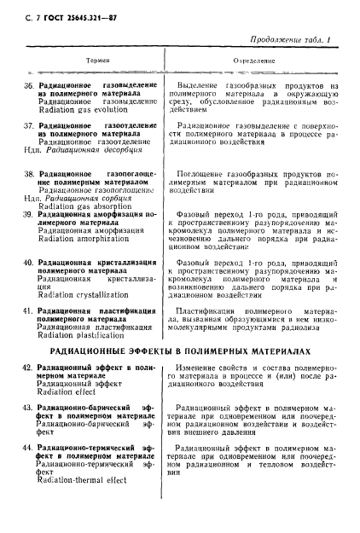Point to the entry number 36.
point(27,87)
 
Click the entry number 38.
point(27,173)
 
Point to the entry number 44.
point(27,448)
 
